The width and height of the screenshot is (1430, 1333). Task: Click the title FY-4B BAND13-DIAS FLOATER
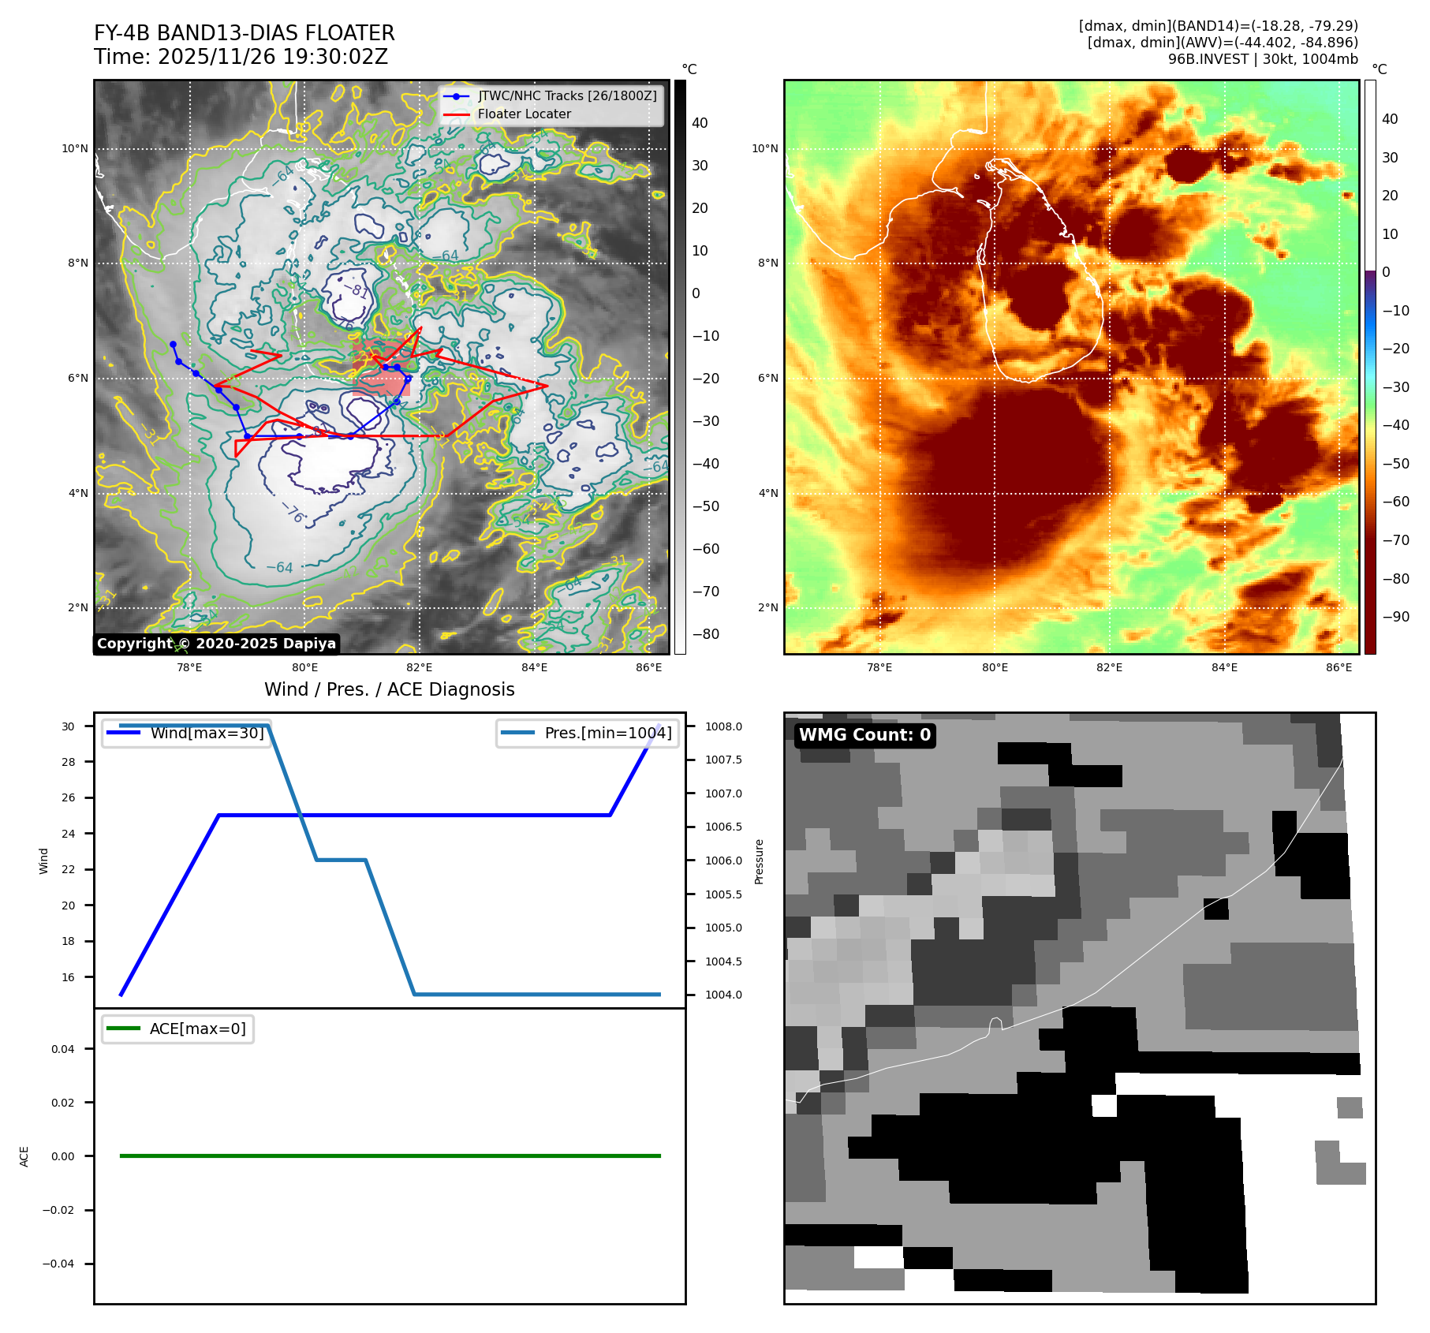[244, 33]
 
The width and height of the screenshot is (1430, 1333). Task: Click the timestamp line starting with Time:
[241, 57]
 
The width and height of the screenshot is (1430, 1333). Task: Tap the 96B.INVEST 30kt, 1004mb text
[1263, 59]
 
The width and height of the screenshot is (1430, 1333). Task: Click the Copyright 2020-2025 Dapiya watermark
[216, 644]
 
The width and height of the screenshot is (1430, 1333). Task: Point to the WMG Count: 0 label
[864, 734]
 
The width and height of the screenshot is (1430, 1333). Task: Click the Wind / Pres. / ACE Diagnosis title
[389, 689]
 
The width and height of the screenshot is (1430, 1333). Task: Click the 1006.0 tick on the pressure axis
[723, 861]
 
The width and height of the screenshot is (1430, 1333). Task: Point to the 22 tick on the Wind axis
[69, 869]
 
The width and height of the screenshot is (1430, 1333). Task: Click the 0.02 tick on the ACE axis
[63, 1103]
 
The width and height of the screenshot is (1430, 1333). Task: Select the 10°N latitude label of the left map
[75, 148]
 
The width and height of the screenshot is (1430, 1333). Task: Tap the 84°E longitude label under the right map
[1224, 667]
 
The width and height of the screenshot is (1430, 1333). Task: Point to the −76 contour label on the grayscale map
[293, 513]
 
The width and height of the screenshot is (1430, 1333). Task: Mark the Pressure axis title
[759, 861]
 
